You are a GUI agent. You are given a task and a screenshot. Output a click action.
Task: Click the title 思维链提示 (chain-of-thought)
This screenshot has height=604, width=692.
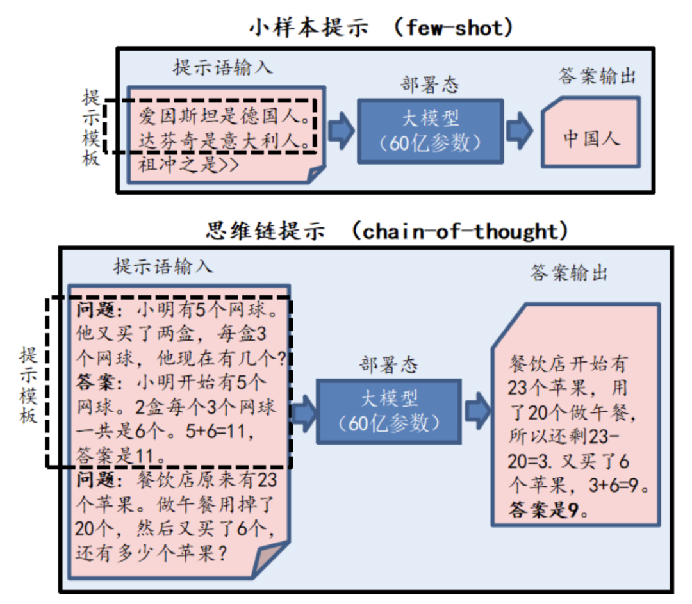click(387, 231)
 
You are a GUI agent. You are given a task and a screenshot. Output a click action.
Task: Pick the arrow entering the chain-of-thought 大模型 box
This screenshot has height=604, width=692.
click(304, 410)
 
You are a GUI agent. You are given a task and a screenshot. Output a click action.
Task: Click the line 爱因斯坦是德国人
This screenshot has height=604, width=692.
click(226, 117)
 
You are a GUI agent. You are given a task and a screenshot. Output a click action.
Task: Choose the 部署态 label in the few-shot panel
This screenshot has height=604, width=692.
click(429, 85)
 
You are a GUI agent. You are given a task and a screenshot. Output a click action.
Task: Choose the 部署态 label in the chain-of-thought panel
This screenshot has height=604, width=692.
click(388, 364)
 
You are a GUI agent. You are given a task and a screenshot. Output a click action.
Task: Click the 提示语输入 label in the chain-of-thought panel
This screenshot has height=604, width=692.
click(163, 266)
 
